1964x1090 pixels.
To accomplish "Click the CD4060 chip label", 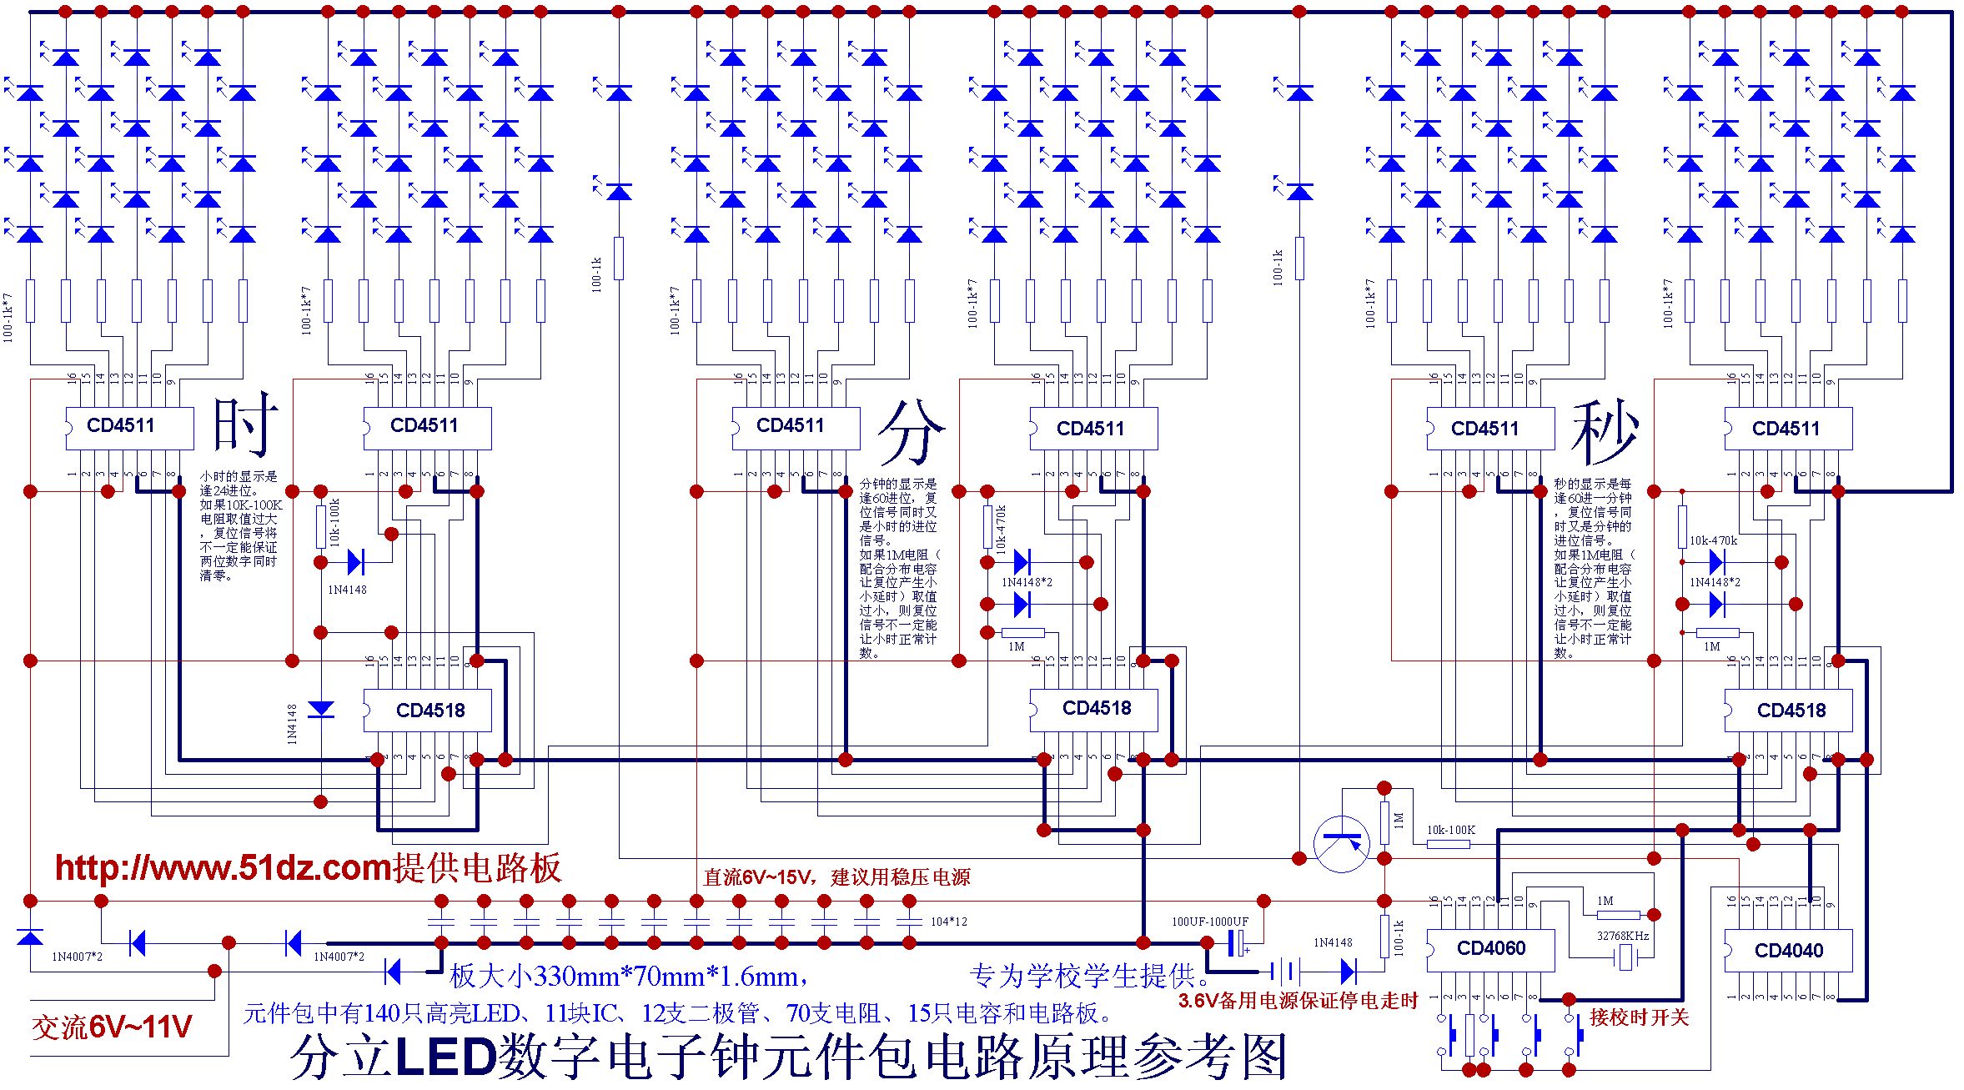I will [1490, 948].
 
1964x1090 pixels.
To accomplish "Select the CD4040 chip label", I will [1788, 951].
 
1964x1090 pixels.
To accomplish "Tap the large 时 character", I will [244, 424].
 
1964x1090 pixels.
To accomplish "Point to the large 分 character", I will [911, 431].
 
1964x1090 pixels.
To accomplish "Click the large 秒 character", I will [1605, 431].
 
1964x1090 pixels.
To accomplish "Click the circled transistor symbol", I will [1341, 844].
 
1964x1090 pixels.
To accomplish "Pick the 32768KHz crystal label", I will [1622, 936].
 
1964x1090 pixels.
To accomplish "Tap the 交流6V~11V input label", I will [112, 1027].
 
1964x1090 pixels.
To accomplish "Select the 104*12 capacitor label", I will [949, 922].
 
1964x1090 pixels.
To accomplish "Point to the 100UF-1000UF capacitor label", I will [1209, 922].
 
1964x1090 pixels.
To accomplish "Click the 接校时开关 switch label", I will [1639, 1017].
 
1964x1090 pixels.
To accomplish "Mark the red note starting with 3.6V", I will [1298, 1001].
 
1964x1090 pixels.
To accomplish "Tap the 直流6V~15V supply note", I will [836, 877].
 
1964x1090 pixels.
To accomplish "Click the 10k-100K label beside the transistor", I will [1450, 830].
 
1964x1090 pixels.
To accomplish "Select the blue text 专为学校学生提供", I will [1088, 976].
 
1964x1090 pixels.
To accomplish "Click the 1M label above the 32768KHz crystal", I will [1605, 901].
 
